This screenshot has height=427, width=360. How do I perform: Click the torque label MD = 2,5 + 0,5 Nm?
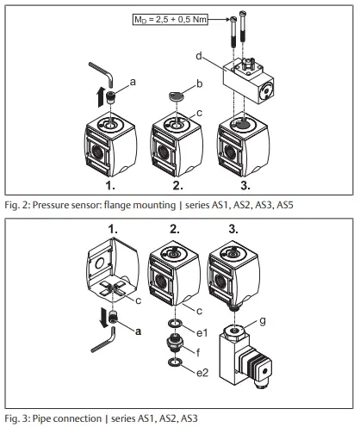click(182, 17)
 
